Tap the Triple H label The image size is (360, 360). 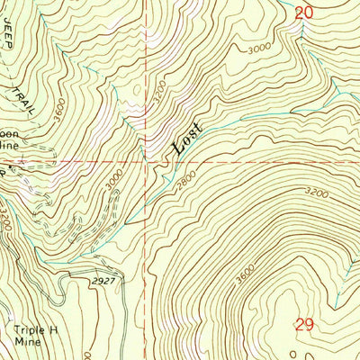tap(34, 330)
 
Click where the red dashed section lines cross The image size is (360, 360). tap(144, 163)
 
